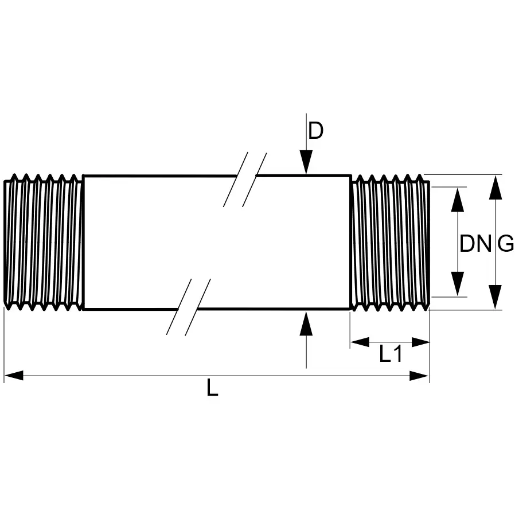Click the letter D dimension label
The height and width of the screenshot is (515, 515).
pyautogui.click(x=315, y=131)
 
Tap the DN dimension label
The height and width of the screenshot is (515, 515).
pyautogui.click(x=475, y=244)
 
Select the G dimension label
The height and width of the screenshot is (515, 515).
pyautogui.click(x=505, y=244)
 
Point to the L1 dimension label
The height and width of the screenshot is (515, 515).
pyautogui.click(x=391, y=354)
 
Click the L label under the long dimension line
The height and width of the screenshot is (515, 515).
pyautogui.click(x=213, y=387)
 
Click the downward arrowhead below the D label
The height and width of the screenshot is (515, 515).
pyautogui.click(x=306, y=162)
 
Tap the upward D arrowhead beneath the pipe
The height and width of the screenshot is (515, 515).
pyautogui.click(x=306, y=323)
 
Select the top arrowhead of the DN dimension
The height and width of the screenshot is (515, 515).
pyautogui.click(x=457, y=200)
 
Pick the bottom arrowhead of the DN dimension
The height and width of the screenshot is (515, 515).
pyautogui.click(x=457, y=284)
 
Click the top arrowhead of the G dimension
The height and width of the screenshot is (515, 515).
pyautogui.click(x=496, y=187)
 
